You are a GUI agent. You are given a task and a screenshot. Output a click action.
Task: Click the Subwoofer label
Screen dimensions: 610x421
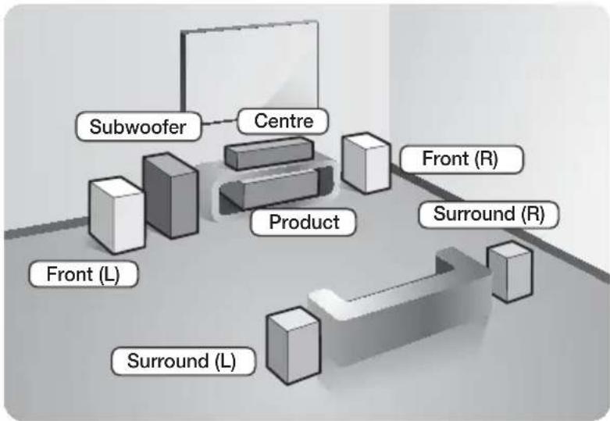click(138, 127)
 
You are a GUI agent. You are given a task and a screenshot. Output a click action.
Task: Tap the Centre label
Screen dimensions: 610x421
click(283, 121)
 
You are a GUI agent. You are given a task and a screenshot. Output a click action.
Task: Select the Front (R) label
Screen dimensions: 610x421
click(462, 159)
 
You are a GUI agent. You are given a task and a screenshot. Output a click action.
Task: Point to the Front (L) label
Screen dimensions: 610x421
click(84, 274)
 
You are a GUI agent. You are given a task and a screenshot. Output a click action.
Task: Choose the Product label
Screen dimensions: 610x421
click(304, 222)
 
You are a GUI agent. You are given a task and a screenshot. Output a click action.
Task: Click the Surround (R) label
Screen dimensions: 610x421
click(489, 214)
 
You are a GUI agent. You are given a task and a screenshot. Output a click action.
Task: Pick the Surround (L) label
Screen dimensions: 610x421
click(183, 361)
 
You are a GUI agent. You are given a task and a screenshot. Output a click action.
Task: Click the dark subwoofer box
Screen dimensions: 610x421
click(170, 195)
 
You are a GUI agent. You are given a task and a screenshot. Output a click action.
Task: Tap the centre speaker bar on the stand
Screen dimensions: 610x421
click(269, 153)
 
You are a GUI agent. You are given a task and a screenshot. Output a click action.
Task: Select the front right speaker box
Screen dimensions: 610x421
click(366, 163)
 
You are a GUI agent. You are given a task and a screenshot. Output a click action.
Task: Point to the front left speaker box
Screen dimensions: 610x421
click(116, 215)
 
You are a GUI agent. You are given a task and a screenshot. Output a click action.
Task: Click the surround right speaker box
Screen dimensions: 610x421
click(510, 271)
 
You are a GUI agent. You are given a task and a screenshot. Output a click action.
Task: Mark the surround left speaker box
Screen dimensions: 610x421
click(294, 345)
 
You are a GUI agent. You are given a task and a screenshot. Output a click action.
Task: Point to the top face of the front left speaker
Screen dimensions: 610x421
click(116, 187)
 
